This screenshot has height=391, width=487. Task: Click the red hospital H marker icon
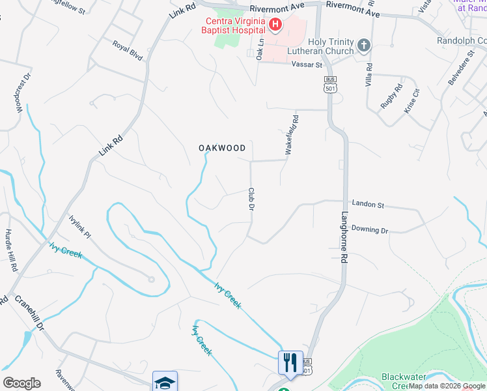coord(275,25)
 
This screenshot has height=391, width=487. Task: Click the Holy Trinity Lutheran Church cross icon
coord(364,46)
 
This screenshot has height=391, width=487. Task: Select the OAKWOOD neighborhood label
coord(222,148)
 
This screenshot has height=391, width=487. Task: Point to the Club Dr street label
coord(250,199)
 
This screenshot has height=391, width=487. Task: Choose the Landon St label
coord(368,205)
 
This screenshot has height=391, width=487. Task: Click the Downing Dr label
coord(369,230)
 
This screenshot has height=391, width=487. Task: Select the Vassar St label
coord(307,65)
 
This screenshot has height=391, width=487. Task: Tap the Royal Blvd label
coord(127,51)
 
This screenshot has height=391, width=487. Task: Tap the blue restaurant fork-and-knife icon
coord(290,362)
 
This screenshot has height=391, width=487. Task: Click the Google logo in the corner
coord(21,383)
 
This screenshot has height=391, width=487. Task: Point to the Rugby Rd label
coord(393,96)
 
